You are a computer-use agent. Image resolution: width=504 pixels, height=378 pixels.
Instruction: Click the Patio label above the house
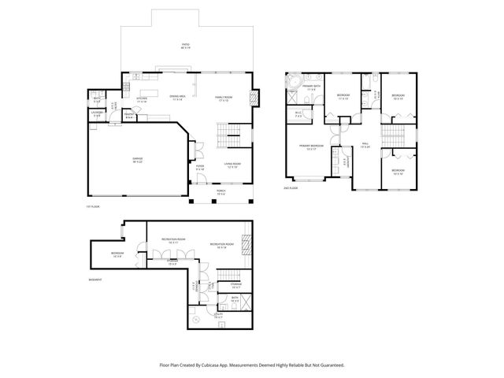click(x=186, y=46)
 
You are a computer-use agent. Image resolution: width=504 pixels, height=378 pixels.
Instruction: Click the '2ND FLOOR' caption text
click(x=291, y=189)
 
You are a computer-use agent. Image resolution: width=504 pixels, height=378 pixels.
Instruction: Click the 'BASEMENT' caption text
click(x=94, y=279)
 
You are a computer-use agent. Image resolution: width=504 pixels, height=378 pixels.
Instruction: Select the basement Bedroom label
click(x=118, y=254)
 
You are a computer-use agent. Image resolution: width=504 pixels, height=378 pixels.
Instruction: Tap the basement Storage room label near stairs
click(x=235, y=286)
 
